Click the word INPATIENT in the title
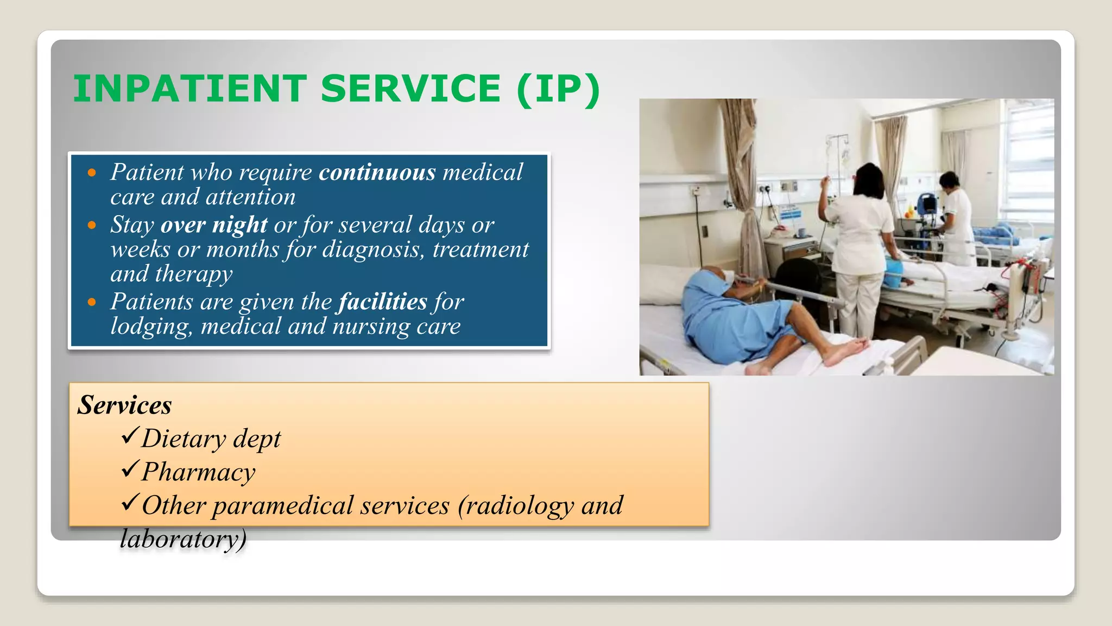190,89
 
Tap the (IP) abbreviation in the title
559,89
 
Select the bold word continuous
377,173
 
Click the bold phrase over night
214,225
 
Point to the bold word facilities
383,302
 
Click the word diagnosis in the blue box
371,250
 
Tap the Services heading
124,405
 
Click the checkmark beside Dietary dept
130,436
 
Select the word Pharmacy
198,472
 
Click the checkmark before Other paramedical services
130,503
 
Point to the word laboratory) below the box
183,539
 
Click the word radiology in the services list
520,505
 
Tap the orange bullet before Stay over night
92,225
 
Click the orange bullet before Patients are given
92,302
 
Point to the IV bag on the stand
844,158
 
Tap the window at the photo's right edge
1029,163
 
